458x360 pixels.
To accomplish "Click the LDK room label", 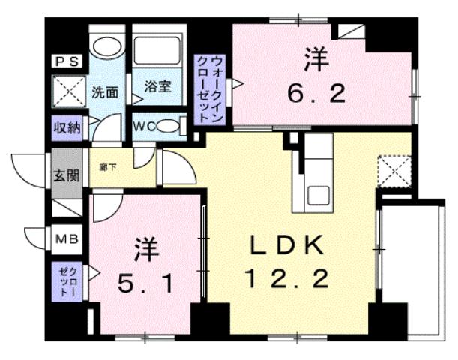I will [286, 245].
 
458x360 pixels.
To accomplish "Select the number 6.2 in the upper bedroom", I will [317, 94].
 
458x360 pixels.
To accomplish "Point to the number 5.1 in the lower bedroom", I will [147, 284].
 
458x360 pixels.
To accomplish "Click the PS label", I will [65, 63].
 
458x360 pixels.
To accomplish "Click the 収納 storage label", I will [65, 127].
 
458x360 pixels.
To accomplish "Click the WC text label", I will [143, 126].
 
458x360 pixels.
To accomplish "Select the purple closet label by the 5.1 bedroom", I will [65, 280].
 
